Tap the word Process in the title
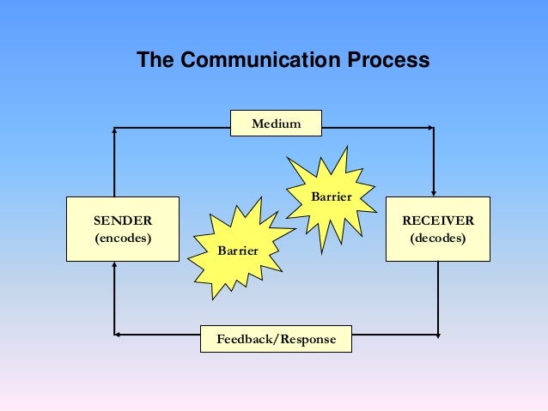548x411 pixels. point(388,62)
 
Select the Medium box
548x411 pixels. point(276,124)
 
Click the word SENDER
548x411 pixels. point(123,221)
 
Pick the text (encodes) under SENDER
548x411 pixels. point(123,238)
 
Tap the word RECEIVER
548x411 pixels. point(438,221)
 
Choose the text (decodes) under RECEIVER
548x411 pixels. point(438,238)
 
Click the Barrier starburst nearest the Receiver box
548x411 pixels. point(331,196)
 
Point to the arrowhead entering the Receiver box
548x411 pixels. point(435,191)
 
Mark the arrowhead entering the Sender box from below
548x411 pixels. point(114,267)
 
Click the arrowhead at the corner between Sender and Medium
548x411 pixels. point(114,130)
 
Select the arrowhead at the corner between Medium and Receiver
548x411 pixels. point(429,128)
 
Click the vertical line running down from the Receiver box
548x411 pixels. point(438,296)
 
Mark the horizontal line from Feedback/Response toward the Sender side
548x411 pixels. point(159,334)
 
